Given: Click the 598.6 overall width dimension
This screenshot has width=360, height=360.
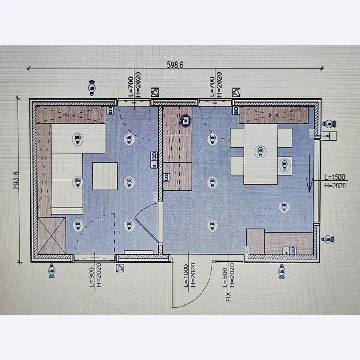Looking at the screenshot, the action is click(175, 65).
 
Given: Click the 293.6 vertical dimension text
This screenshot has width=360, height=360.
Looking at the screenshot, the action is click(16, 180).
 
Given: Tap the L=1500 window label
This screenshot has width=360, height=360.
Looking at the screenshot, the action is click(335, 177).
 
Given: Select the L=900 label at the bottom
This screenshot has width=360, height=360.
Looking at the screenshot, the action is click(91, 277).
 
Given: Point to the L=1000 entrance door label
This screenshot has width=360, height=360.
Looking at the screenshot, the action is click(186, 276).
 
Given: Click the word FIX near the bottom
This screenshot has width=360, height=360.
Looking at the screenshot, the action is click(228, 297).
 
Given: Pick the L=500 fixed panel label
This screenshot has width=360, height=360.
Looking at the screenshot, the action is click(225, 277).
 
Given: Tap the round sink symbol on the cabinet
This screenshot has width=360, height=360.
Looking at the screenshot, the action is click(185, 120).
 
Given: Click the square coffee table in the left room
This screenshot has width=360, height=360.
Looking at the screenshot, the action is click(105, 176).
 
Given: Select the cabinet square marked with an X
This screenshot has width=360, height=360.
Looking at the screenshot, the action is click(52, 235).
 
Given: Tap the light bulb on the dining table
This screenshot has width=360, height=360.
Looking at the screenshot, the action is click(260, 151).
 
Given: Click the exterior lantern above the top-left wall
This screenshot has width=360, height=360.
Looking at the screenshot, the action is click(92, 88).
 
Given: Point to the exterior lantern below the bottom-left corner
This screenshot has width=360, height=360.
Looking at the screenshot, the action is click(52, 271).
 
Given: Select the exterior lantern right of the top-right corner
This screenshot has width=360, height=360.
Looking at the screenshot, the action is click(329, 124).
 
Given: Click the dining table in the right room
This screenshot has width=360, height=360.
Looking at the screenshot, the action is click(261, 154).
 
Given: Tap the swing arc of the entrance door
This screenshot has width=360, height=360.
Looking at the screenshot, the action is click(200, 294).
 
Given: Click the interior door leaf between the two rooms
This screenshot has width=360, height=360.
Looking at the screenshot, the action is click(146, 230).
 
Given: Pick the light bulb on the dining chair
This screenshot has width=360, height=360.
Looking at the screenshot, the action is click(285, 165).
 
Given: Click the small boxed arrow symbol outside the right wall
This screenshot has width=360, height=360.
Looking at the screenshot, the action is click(329, 136).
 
